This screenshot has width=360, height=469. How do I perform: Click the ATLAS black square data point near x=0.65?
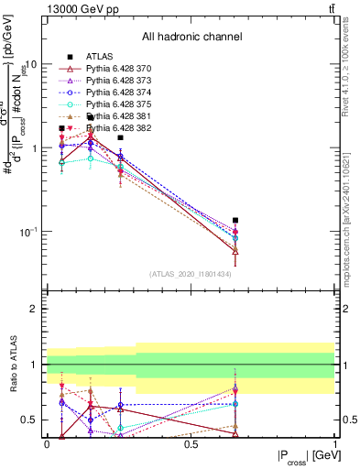point(235,220)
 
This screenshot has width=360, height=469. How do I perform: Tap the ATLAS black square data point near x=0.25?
point(120,137)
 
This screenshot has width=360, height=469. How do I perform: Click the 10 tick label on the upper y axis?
point(31,65)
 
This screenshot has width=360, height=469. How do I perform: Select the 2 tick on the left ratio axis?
point(36,309)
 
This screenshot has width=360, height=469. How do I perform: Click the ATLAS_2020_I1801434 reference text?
point(191,274)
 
